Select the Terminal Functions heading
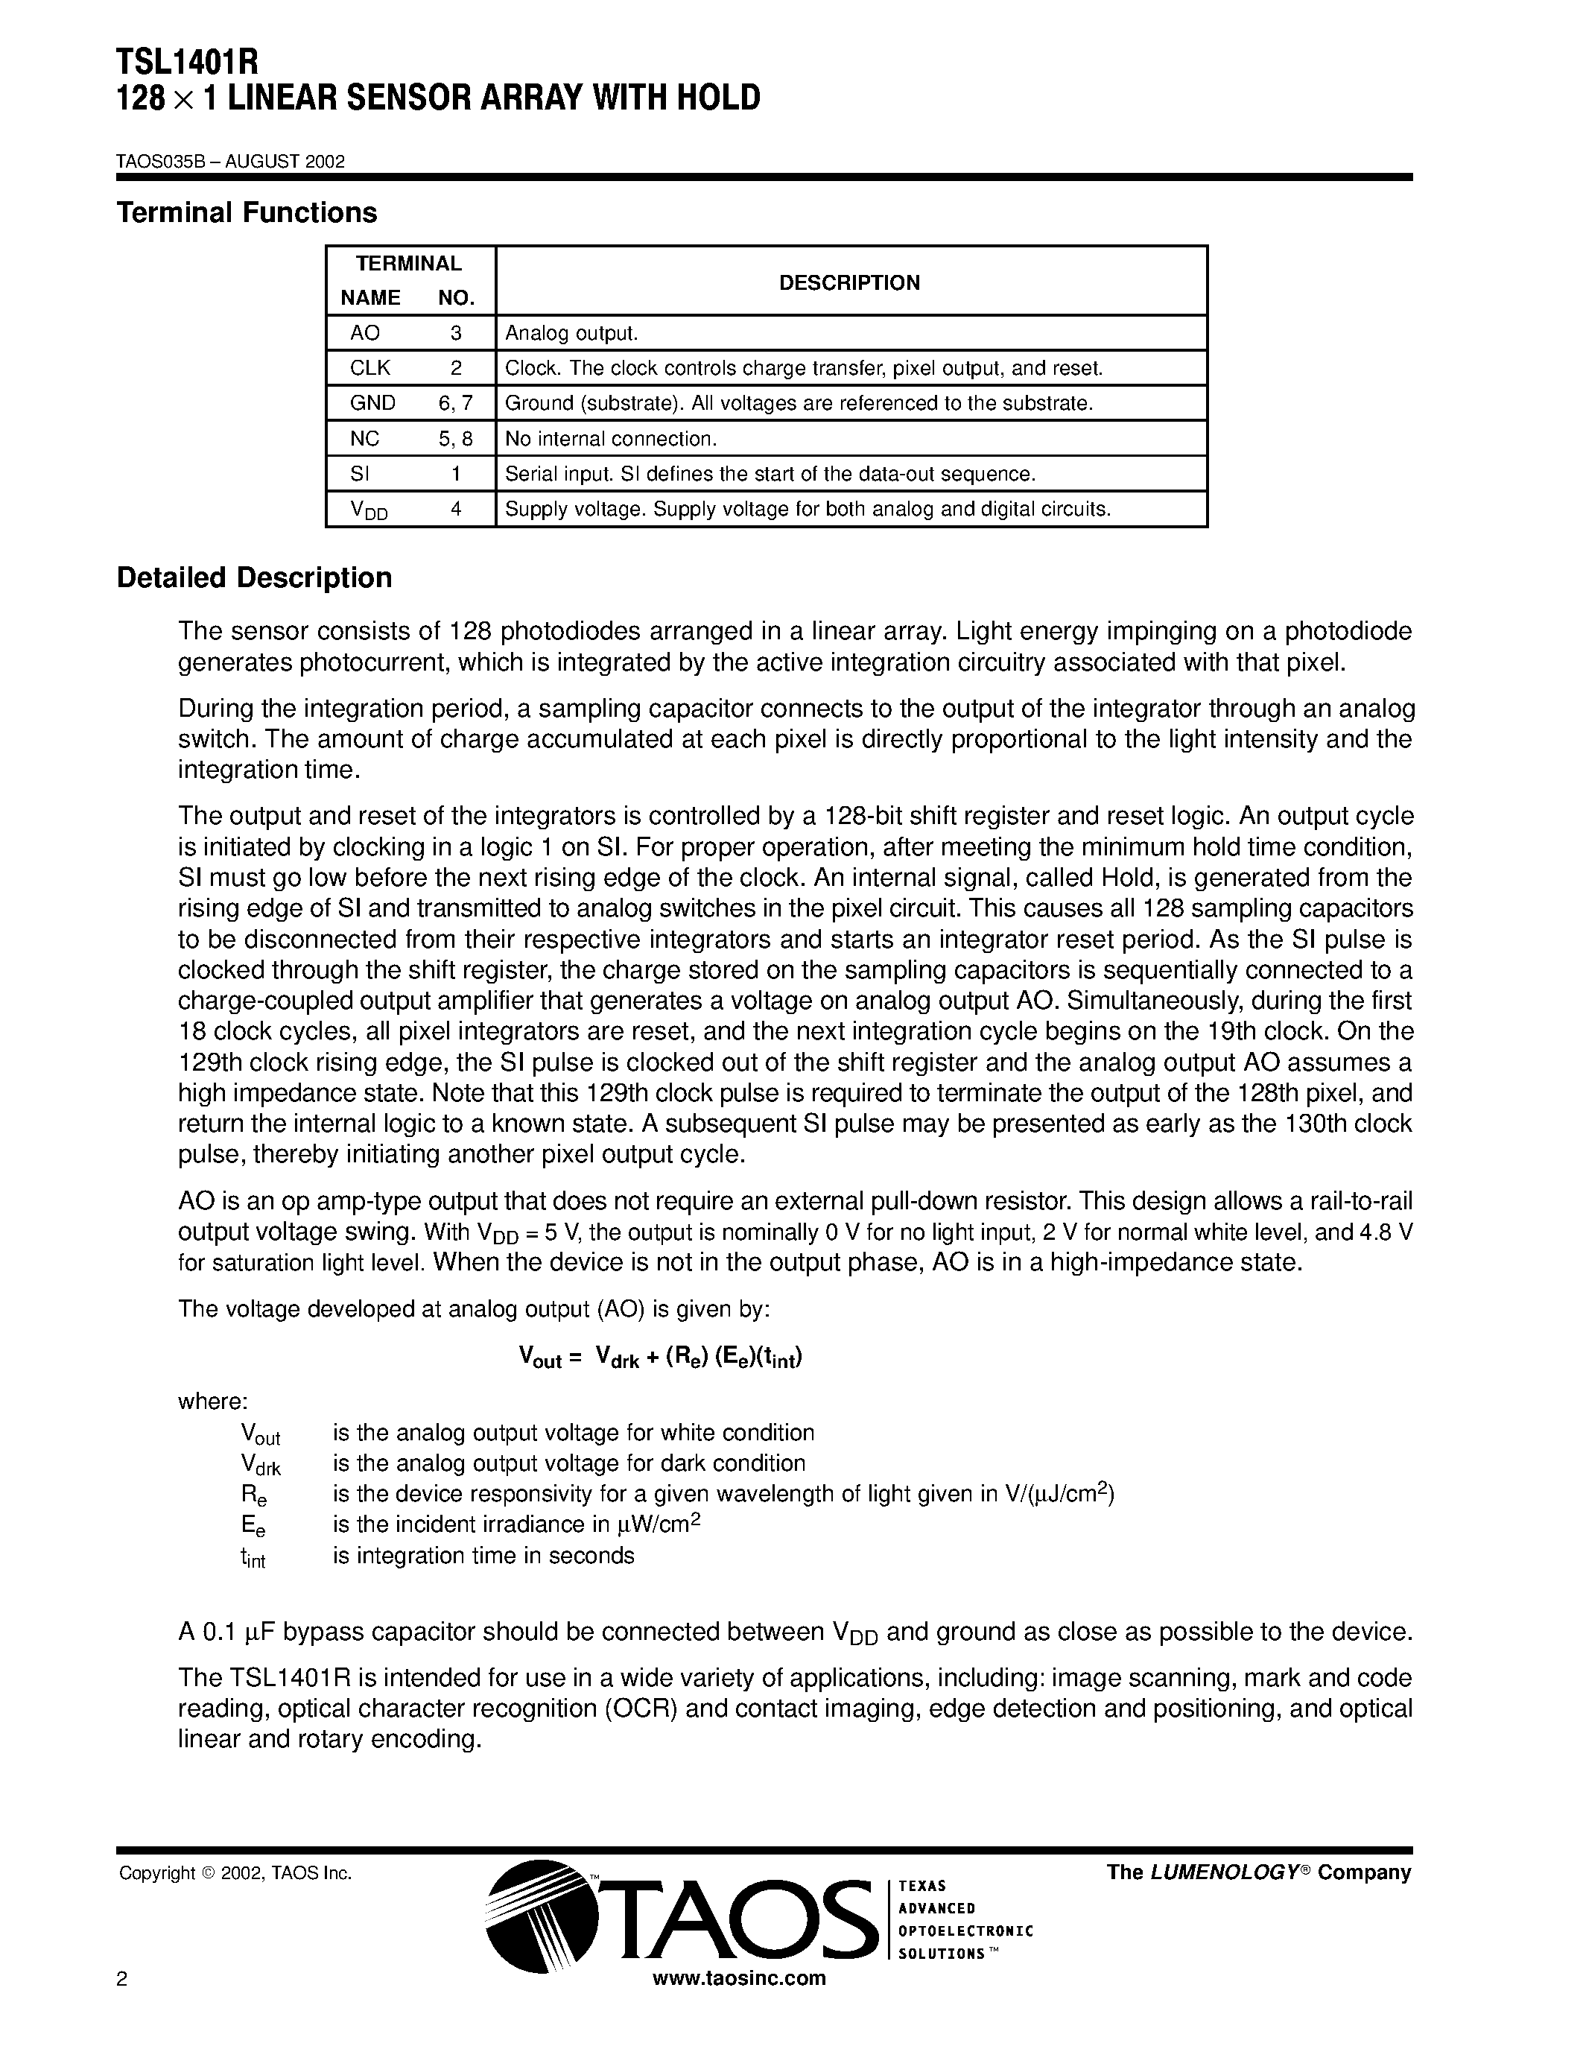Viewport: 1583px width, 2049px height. pyautogui.click(x=247, y=213)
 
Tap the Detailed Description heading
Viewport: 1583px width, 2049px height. pyautogui.click(x=254, y=578)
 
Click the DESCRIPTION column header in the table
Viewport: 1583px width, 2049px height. pyautogui.click(x=850, y=282)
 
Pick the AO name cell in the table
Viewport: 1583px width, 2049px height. pyautogui.click(x=365, y=333)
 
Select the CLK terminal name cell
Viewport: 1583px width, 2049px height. pyautogui.click(x=369, y=368)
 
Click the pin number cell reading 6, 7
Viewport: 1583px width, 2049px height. pyautogui.click(x=456, y=403)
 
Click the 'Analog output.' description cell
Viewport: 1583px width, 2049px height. pyautogui.click(x=571, y=333)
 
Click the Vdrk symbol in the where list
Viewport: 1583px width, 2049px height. pyautogui.click(x=260, y=1466)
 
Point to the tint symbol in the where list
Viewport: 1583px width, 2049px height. pyautogui.click(x=253, y=1557)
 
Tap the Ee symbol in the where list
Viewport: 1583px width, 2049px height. pyautogui.click(x=253, y=1527)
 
